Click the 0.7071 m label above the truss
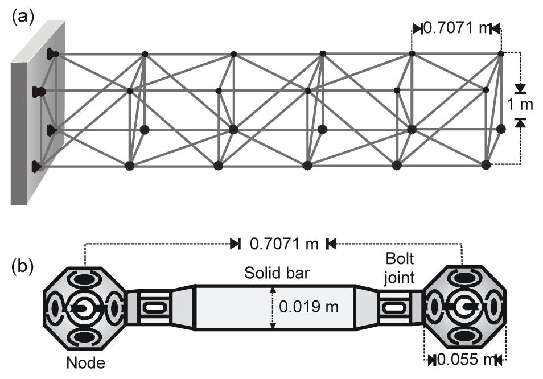(455, 28)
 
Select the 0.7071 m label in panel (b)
(283, 244)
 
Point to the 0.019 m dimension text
(308, 307)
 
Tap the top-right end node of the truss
(501, 53)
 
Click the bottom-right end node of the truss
(486, 165)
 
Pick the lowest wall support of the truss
(38, 166)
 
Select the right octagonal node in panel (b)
(463, 307)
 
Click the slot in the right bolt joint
(393, 307)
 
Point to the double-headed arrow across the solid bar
(273, 307)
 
